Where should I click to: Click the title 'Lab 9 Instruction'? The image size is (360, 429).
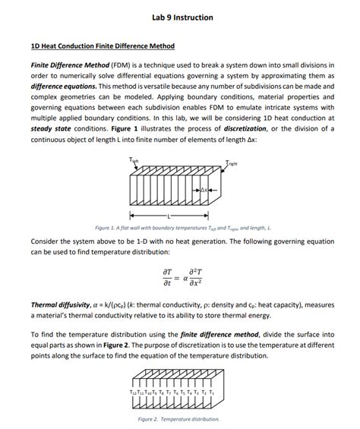click(180, 17)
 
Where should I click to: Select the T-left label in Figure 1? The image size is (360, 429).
click(134, 159)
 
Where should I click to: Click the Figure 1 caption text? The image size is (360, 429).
click(179, 227)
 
